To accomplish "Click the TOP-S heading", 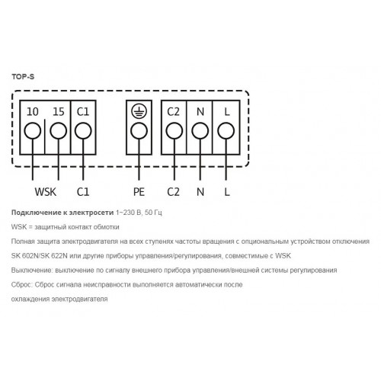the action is pos(23,77).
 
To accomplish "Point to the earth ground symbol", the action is pos(139,111).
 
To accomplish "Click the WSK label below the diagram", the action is pos(46,192).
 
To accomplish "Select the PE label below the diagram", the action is pos(139,192).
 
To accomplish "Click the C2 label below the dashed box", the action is pos(173,192).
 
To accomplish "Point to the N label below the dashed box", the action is pos(200,192).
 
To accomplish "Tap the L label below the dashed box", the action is pos(227,192).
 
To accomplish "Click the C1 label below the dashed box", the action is pos(83,192).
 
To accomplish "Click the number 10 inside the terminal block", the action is pos(33,112).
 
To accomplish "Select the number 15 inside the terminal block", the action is pos(59,112).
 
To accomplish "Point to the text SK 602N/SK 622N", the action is pos(40,256).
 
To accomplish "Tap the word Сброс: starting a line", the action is pos(21,285).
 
